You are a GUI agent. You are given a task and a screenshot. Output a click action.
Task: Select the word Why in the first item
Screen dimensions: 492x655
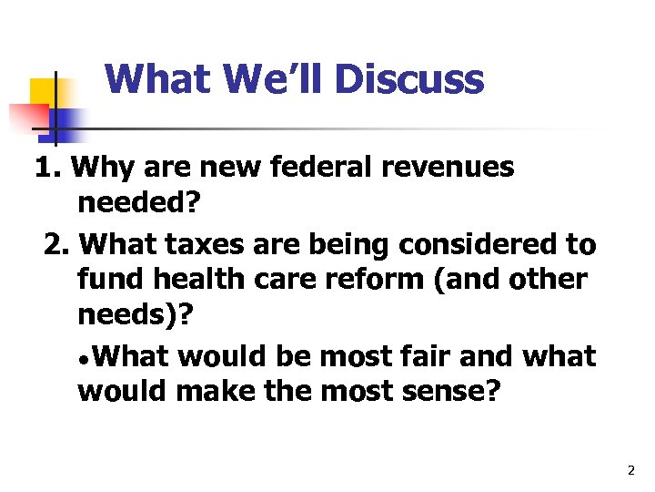tap(98, 168)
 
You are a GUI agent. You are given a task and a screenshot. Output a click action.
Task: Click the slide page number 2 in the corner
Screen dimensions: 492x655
tap(630, 471)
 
